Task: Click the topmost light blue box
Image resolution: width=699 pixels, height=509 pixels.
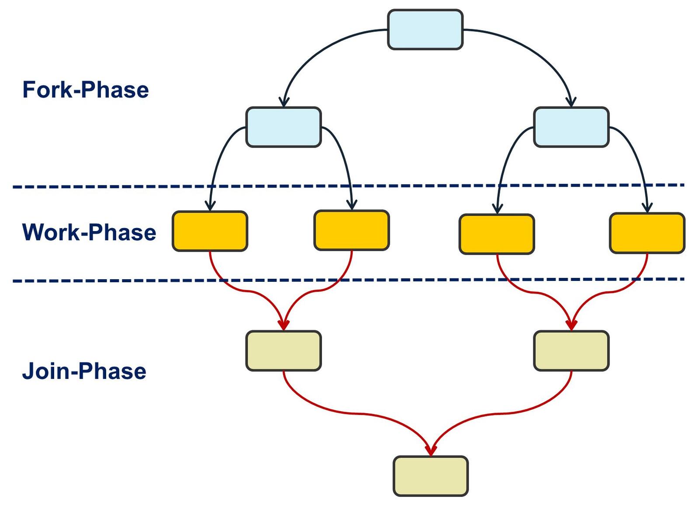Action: tap(425, 30)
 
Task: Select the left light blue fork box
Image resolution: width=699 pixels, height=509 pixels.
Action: tap(284, 127)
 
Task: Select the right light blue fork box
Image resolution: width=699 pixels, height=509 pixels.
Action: tap(571, 127)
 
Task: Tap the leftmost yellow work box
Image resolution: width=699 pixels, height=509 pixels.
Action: tap(210, 231)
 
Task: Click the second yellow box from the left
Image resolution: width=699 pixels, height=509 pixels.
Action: tap(351, 230)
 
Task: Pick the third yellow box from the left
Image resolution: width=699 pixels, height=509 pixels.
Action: tap(496, 234)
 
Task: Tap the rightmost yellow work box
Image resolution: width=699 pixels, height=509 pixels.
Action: tap(647, 233)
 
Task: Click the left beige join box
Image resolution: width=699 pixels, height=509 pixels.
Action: tap(284, 351)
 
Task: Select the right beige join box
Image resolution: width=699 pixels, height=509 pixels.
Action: tap(571, 351)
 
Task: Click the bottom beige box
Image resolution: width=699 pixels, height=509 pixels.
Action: tap(430, 476)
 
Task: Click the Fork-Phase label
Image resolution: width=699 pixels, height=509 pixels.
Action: tap(86, 90)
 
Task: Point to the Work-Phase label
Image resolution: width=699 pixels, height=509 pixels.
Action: tap(89, 232)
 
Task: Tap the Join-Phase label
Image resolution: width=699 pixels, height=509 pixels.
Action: tap(84, 371)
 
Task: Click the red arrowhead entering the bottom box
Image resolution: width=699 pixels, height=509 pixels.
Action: tap(431, 450)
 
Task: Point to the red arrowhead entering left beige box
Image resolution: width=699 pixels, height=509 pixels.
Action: tap(284, 325)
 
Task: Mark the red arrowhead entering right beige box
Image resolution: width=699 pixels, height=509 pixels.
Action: tap(571, 325)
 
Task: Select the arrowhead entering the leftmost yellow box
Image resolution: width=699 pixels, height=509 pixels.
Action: tap(210, 205)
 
